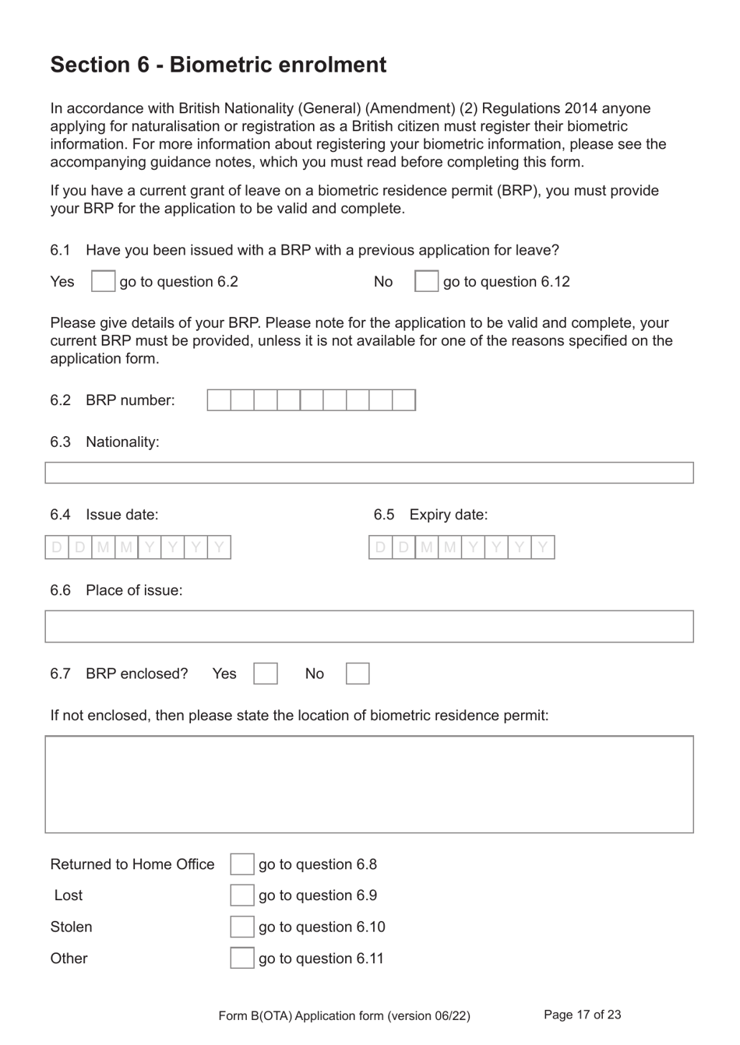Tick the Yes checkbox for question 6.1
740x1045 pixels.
103,281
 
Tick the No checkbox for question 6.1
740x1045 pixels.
426,281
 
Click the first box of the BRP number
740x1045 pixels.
219,400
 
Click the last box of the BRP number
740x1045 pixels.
403,400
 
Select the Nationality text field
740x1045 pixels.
369,473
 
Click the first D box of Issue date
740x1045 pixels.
57,547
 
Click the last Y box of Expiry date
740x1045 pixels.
543,547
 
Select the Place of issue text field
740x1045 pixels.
369,627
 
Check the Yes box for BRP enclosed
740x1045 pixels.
266,674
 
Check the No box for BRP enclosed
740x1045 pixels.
358,674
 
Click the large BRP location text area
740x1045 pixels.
369,784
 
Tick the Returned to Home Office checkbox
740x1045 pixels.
241,864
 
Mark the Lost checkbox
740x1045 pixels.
241,895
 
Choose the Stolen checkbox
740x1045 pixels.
241,927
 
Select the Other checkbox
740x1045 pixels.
241,958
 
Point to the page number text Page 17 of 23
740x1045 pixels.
582,1015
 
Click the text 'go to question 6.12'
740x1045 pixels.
506,282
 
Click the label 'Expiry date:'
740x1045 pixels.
448,515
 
